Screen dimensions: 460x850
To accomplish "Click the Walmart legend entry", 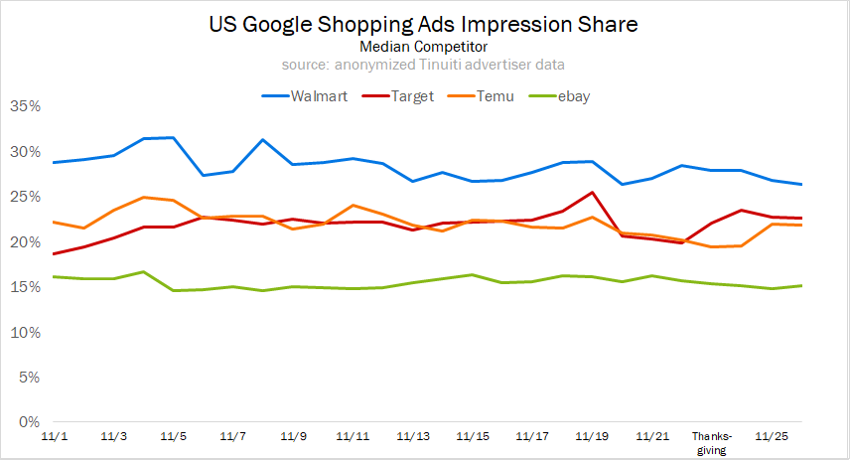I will [x=305, y=96].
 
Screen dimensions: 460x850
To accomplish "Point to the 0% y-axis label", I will [x=29, y=422].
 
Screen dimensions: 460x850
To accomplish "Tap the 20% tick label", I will [x=25, y=242].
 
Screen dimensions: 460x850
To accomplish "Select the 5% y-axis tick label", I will [x=29, y=378].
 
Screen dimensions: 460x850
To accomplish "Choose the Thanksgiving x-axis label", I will [x=711, y=442].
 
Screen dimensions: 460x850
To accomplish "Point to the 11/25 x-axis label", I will [x=772, y=436].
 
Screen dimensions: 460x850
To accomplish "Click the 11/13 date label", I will [x=412, y=436].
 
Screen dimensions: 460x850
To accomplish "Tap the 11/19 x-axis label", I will [x=592, y=436].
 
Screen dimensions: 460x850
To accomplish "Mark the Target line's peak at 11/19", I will [x=592, y=193].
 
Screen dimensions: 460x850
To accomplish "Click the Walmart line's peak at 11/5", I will [x=174, y=137].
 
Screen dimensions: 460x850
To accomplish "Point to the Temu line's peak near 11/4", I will [x=145, y=197].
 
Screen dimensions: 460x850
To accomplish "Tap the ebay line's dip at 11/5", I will [x=174, y=290].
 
